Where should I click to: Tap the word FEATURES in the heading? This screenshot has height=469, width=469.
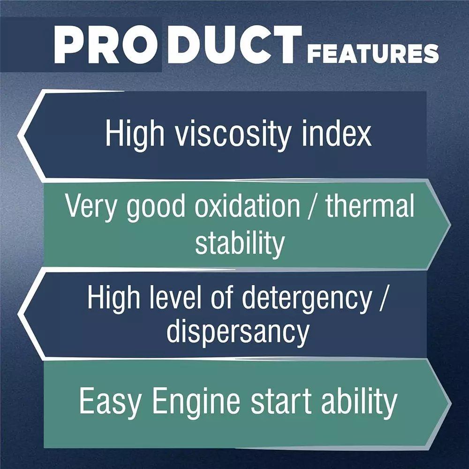pyautogui.click(x=373, y=53)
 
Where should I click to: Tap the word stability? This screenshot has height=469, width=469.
pyautogui.click(x=240, y=244)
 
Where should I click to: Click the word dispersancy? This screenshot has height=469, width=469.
pyautogui.click(x=238, y=333)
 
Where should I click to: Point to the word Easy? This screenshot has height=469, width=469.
pyautogui.click(x=110, y=402)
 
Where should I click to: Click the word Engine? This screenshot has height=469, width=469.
pyautogui.click(x=196, y=402)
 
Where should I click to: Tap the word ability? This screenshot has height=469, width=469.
pyautogui.click(x=359, y=402)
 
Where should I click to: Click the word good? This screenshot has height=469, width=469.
pyautogui.click(x=156, y=208)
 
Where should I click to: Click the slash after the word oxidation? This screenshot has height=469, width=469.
pyautogui.click(x=312, y=206)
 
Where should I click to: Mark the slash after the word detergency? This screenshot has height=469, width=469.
pyautogui.click(x=384, y=297)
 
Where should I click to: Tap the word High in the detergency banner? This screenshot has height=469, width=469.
pyautogui.click(x=113, y=298)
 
